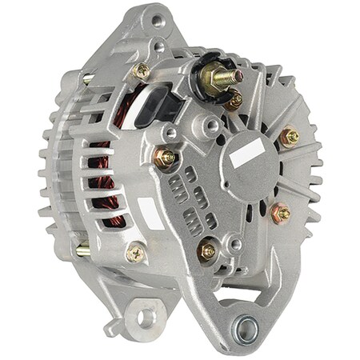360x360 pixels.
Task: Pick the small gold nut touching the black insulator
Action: pyautogui.click(x=234, y=101)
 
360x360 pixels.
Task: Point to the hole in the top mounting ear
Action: pyautogui.click(x=157, y=20)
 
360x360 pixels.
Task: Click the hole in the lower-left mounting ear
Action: pyautogui.click(x=146, y=317)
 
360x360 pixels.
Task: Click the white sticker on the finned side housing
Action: pyautogui.click(x=150, y=213)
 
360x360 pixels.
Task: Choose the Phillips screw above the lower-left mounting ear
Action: pyautogui.click(x=136, y=255)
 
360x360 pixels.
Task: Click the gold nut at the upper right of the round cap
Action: pyautogui.click(x=289, y=137)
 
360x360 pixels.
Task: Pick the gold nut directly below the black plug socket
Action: pyautogui.click(x=166, y=158)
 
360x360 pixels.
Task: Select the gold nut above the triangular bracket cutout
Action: pyautogui.click(x=208, y=250)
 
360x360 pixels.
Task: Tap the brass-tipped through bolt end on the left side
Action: pyautogui.click(x=82, y=251)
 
